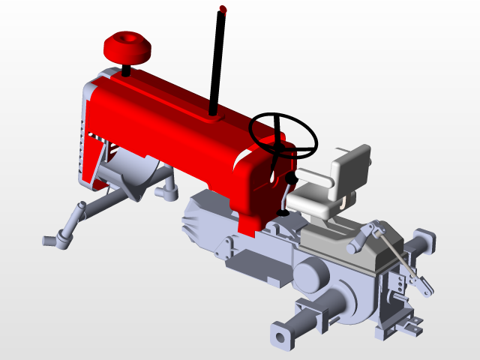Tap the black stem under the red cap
pos(126,71)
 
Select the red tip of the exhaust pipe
pos(223,9)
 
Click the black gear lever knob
pos(289,178)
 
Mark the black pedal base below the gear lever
pos(283,213)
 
